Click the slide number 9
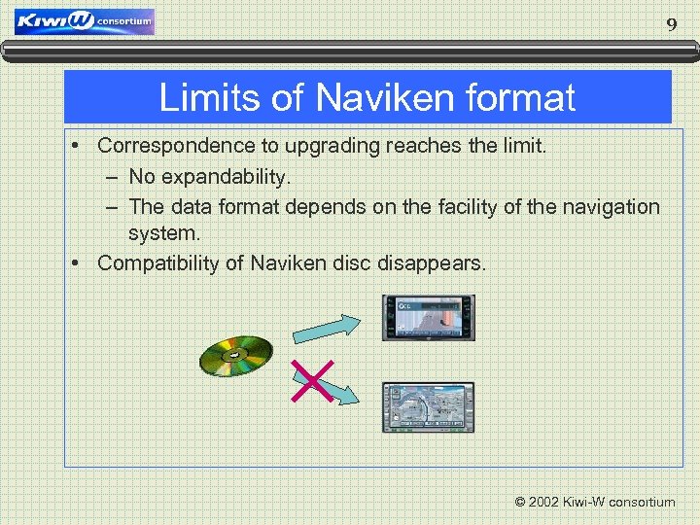pos(671,25)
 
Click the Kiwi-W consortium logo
pos(85,21)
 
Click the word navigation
pos(609,207)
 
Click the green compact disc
pos(236,356)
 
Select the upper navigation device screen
pos(428,318)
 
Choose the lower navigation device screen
pos(428,406)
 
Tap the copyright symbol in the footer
pos(520,503)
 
